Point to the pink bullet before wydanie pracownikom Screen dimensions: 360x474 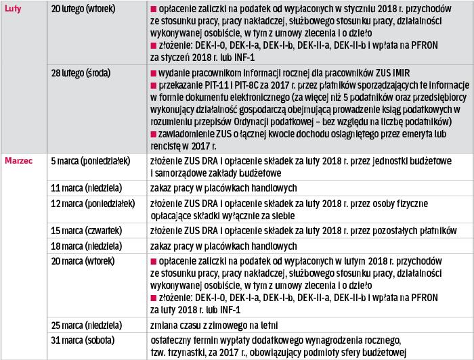pyautogui.click(x=153, y=71)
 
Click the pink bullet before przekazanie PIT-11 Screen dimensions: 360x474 pyautogui.click(x=153, y=84)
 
